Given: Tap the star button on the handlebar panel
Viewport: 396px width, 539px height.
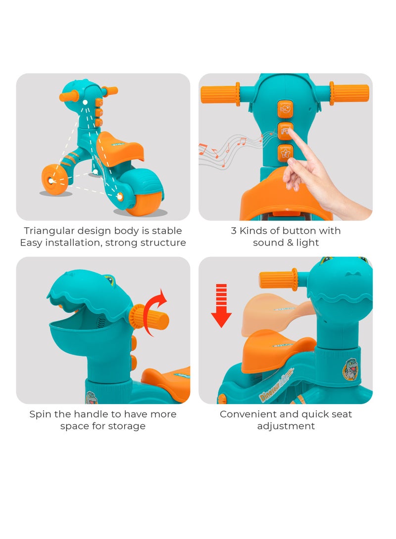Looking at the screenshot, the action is pos(285,153).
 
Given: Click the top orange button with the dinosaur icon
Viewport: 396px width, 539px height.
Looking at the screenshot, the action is pos(285,109).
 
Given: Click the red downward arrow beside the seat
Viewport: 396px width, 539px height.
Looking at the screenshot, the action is pos(221,305).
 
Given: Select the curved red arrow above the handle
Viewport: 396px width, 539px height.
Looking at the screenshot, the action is pos(155,312).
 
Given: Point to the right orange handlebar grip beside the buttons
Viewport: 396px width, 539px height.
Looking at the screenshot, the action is pos(349,93).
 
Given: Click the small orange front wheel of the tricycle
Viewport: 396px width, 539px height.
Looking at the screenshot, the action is pos(54,179).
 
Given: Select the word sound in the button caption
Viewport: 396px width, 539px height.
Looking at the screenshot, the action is pos(268,243).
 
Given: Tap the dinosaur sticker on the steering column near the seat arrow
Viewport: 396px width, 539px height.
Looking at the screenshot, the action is pos(350,369).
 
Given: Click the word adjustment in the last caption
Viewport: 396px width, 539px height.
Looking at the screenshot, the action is pos(286,426).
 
